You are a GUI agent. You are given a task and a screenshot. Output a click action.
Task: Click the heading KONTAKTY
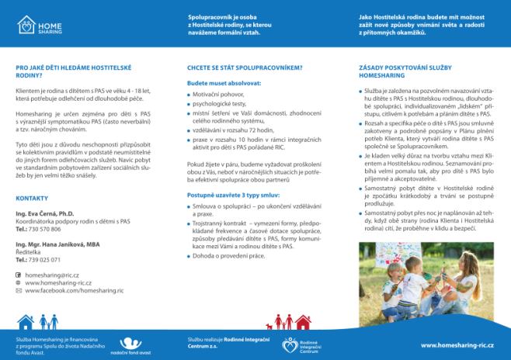[x=32, y=199]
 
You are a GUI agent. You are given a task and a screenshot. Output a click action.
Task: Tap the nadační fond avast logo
[x=134, y=344]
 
